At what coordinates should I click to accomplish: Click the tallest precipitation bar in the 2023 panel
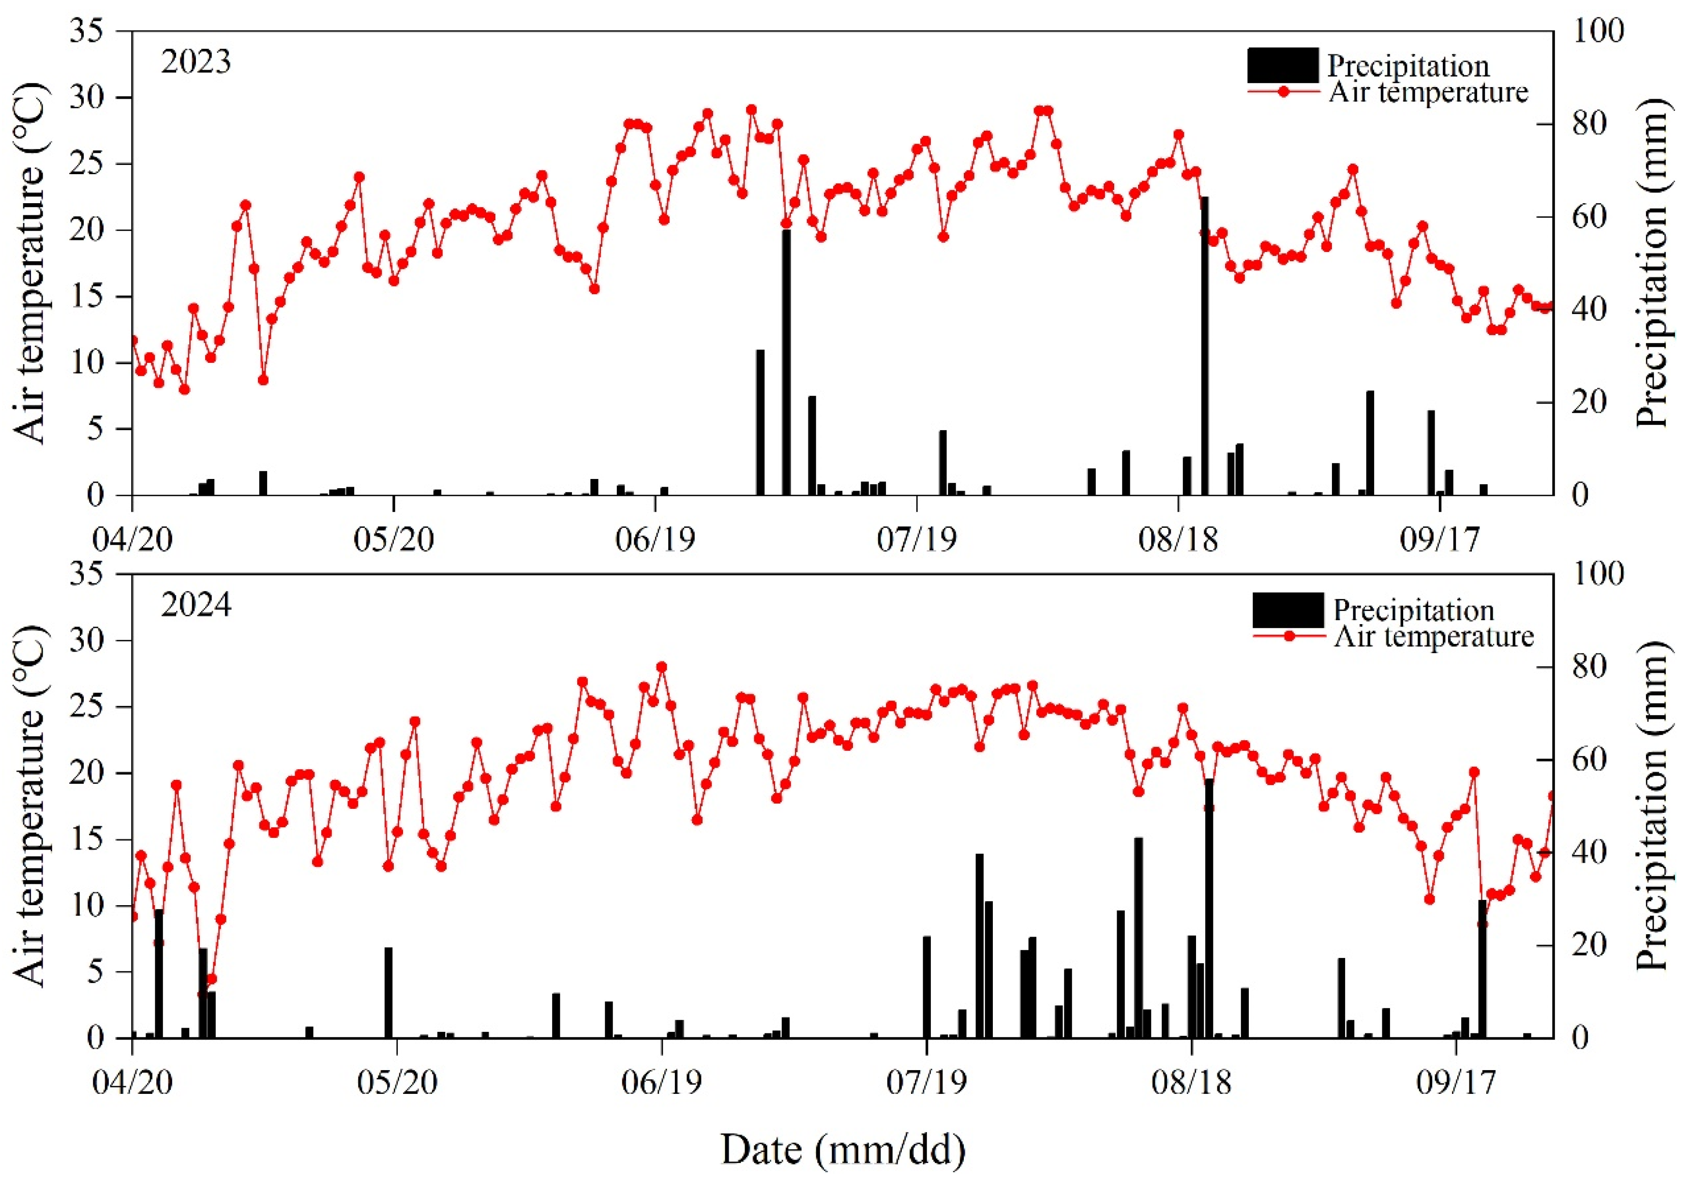1204,345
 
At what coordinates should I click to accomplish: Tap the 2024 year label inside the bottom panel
196,605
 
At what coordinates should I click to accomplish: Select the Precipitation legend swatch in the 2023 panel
1282,65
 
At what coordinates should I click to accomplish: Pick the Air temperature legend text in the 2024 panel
1433,636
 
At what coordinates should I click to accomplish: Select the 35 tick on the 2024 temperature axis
88,574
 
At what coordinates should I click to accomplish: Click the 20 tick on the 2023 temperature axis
88,230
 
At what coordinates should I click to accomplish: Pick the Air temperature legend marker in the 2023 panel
1283,92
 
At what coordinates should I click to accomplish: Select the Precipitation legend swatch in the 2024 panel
1288,610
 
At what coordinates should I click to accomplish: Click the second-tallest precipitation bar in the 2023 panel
786,362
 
